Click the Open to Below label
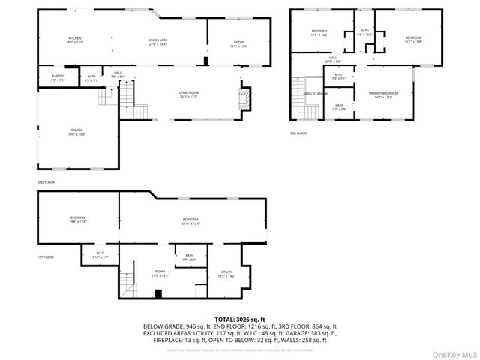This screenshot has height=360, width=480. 315,94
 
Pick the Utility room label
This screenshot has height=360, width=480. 226,274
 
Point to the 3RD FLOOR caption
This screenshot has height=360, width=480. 298,133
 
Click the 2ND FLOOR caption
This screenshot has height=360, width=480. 46,182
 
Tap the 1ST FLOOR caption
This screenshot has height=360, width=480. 46,257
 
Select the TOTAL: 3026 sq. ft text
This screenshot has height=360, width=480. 240,319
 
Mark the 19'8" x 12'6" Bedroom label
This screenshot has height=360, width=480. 78,219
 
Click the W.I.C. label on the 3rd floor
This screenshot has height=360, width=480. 338,76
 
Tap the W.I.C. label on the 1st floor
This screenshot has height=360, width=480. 100,255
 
